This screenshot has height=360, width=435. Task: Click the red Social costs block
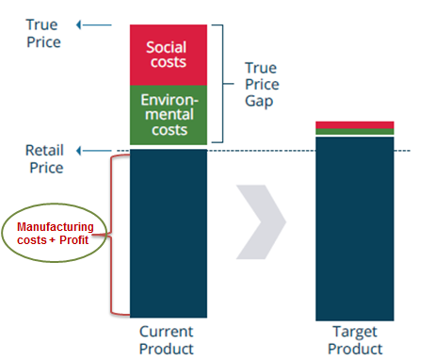click(168, 55)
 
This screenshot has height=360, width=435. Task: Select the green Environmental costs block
click(168, 114)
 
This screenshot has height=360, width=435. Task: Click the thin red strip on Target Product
click(354, 124)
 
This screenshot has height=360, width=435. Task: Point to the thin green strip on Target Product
click(354, 132)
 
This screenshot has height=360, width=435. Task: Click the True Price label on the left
click(43, 33)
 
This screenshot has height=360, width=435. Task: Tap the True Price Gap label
click(263, 83)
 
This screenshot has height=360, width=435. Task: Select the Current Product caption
click(166, 339)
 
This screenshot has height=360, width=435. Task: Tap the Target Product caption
click(354, 339)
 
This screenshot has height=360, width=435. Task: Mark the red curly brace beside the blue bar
click(119, 236)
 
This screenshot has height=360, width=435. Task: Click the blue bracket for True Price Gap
click(220, 83)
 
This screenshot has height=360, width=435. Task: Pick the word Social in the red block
click(168, 45)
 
